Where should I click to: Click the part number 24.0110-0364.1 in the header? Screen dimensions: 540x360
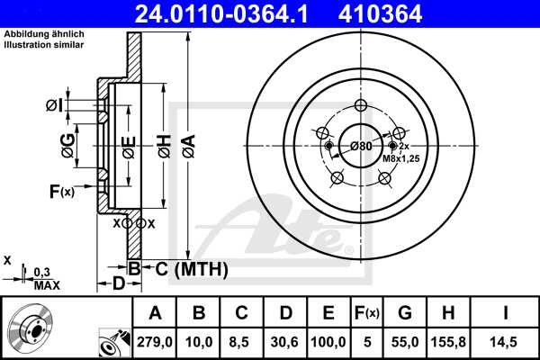[x=221, y=13]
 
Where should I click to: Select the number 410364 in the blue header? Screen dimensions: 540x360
[x=380, y=13]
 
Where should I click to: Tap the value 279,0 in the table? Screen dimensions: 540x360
[x=155, y=342]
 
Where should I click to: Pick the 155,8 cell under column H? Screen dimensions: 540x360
[x=448, y=342]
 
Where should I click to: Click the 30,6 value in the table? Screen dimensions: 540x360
[x=284, y=342]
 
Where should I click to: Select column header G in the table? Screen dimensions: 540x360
[x=405, y=313]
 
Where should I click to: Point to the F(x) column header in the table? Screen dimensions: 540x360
[x=367, y=313]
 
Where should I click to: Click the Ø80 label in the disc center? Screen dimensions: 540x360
[x=361, y=146]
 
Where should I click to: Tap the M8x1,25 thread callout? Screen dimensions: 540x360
[x=401, y=158]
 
